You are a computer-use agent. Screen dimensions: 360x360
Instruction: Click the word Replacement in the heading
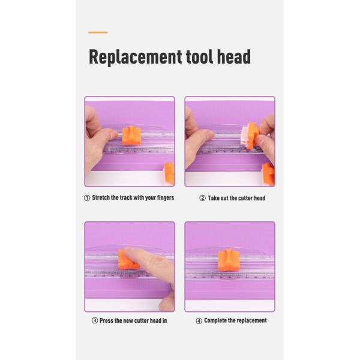(x=135, y=57)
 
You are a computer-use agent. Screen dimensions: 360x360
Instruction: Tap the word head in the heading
(x=234, y=56)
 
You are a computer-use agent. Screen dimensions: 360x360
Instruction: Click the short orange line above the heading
(x=98, y=32)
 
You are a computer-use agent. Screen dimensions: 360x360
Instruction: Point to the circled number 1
(x=87, y=198)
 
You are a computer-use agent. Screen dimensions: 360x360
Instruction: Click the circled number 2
(x=202, y=198)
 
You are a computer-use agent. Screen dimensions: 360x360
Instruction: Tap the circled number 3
(x=95, y=320)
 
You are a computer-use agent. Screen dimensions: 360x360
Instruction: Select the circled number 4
(x=199, y=321)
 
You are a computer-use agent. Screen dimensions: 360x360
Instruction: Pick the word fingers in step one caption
(x=166, y=197)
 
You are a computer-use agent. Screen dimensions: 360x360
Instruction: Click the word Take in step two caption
(x=214, y=198)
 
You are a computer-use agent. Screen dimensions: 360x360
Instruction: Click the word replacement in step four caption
(x=252, y=320)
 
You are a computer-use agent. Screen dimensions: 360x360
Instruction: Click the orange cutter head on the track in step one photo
(x=131, y=136)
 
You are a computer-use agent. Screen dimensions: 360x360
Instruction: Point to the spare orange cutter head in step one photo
(x=169, y=173)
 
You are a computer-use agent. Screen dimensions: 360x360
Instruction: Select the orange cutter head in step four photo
(x=229, y=260)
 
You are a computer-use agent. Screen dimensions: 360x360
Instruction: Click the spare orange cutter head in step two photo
(x=268, y=175)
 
